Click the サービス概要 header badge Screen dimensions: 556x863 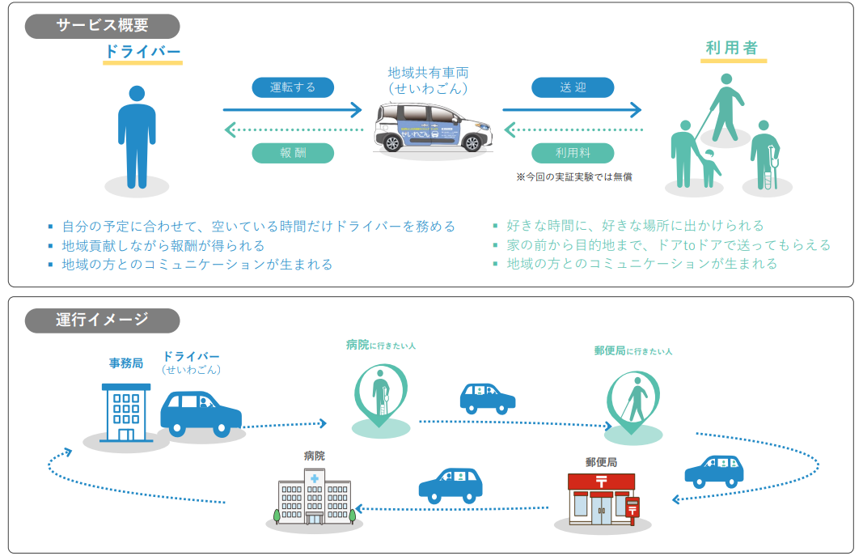(103, 26)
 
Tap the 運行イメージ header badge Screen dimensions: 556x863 (103, 320)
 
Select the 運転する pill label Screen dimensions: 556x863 (292, 87)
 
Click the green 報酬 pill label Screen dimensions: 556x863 (292, 153)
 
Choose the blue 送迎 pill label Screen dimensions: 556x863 (572, 87)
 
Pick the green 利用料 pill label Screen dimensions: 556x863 (572, 153)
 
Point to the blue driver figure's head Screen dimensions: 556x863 (137, 94)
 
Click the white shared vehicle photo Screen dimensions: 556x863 (433, 127)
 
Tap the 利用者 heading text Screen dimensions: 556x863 (732, 48)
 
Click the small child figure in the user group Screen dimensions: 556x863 (711, 168)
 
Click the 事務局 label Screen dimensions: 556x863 (126, 363)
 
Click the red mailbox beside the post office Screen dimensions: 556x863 (632, 508)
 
